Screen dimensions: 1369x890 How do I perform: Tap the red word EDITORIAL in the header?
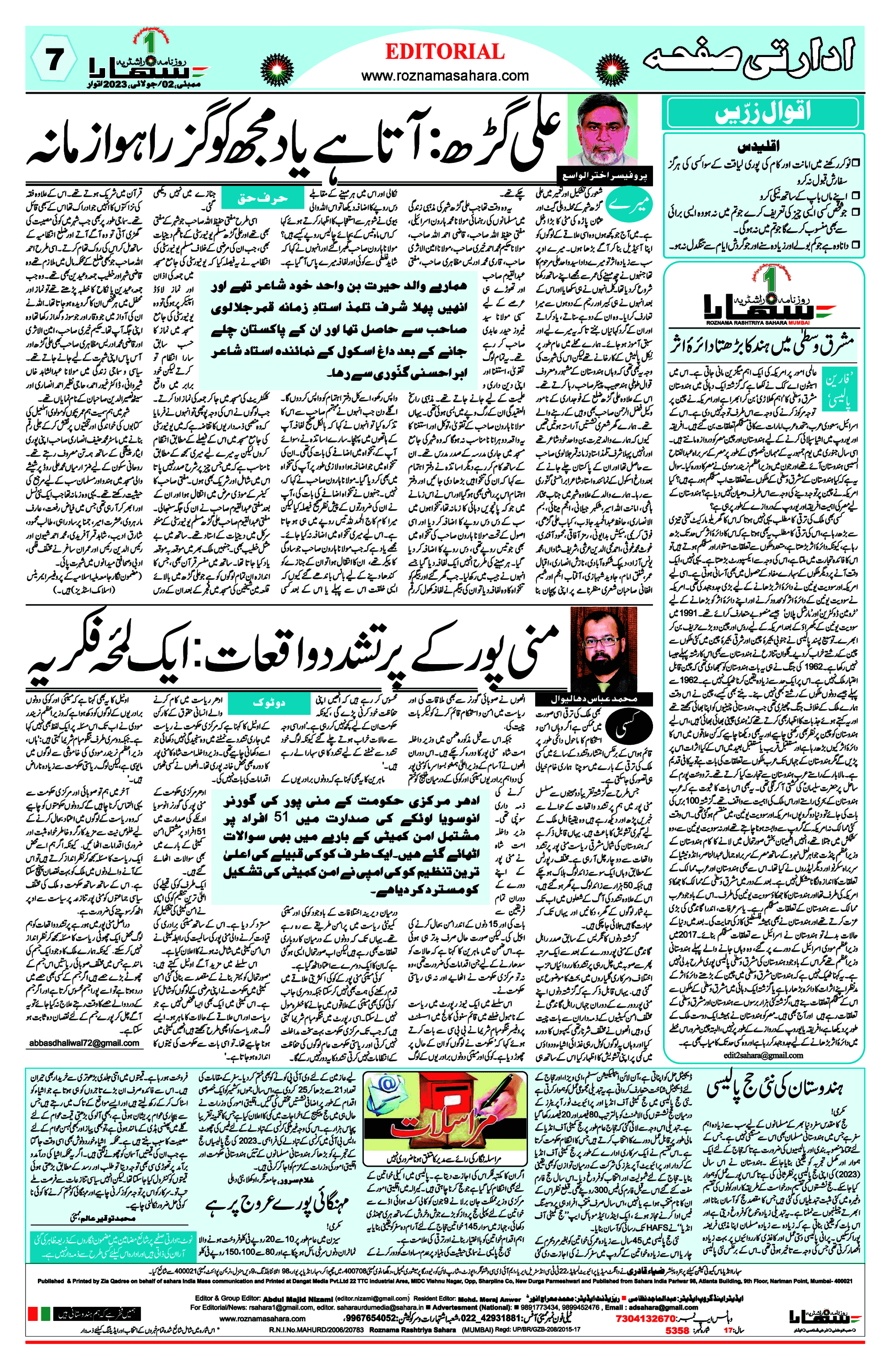pos(445,52)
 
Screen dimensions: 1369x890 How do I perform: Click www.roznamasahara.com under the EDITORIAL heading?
pos(445,76)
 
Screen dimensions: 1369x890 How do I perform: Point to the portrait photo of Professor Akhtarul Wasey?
pos(602,131)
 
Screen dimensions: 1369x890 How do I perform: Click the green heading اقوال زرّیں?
pos(762,113)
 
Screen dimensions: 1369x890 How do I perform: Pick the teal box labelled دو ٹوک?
pos(268,703)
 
